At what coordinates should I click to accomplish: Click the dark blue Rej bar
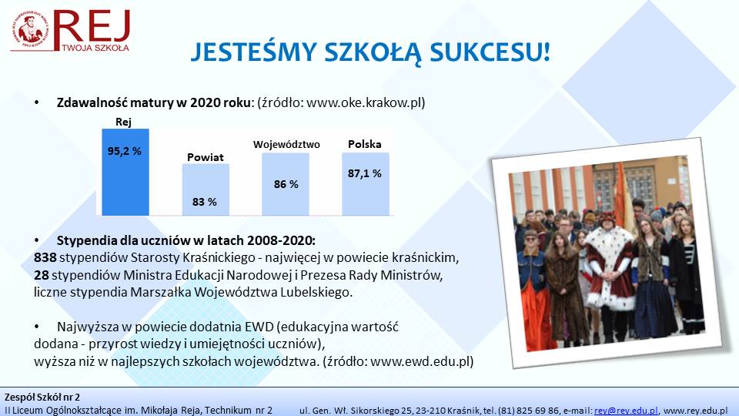pos(125,172)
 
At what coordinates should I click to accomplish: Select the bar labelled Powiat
pos(206,190)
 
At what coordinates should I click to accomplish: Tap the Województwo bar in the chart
pos(286,184)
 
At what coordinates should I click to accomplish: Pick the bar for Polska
pos(366,184)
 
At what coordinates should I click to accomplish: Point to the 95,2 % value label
pos(125,152)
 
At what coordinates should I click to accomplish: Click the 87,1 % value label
pos(365,173)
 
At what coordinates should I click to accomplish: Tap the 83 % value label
pos(205,203)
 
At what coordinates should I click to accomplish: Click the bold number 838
pos(45,257)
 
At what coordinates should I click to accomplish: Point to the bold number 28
pos(42,275)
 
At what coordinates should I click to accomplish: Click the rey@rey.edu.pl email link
pos(626,411)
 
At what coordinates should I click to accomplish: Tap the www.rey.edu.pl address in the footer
pos(696,411)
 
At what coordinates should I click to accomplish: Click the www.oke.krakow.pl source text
pos(364,102)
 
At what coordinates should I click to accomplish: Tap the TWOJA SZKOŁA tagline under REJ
pos(95,48)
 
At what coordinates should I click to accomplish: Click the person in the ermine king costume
pos(610,273)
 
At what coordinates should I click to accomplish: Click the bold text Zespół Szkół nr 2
pos(42,398)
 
